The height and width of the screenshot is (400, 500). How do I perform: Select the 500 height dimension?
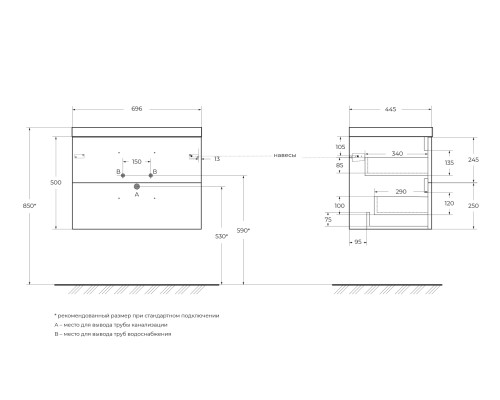click(x=56, y=182)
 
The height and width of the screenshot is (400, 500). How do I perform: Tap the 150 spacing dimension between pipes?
click(x=136, y=160)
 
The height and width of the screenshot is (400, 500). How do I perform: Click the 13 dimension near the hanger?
click(x=216, y=158)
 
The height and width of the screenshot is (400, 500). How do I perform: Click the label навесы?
click(x=284, y=156)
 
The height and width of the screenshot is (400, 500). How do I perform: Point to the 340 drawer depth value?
click(x=397, y=153)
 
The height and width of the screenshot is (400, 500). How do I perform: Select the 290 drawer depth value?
click(x=400, y=190)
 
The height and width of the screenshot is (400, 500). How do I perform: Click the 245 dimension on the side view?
click(x=473, y=159)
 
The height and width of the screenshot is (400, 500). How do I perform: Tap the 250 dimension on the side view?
click(x=473, y=206)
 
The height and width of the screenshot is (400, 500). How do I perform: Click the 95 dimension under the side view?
click(x=358, y=241)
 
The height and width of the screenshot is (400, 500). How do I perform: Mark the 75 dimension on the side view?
click(x=327, y=222)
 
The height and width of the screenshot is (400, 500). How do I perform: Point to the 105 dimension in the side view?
click(x=341, y=147)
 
